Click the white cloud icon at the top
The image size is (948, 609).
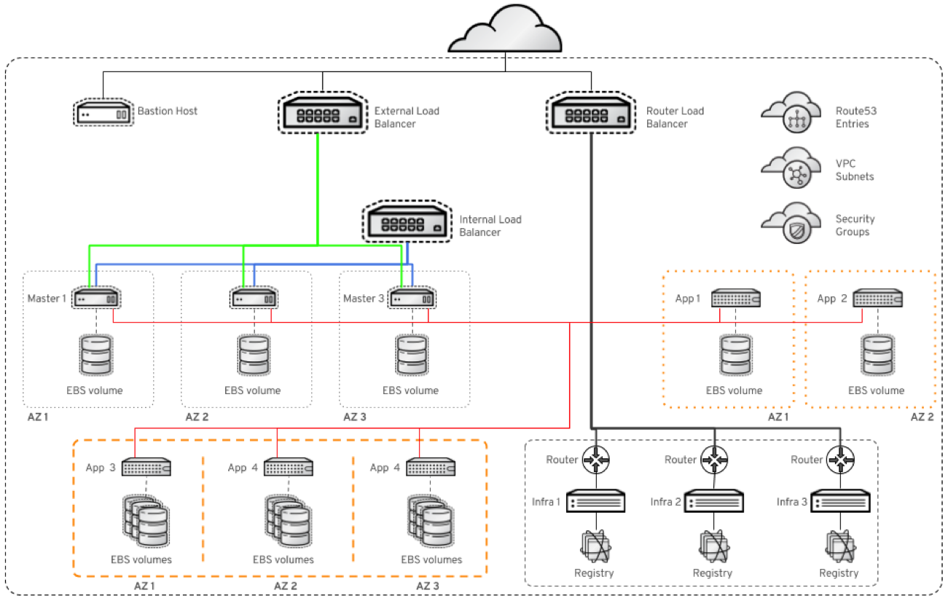tap(505, 31)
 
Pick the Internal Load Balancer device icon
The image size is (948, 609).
tap(407, 223)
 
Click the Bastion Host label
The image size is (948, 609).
tap(168, 111)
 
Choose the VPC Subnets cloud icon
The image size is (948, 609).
tap(792, 169)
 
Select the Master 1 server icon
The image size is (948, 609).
tap(97, 299)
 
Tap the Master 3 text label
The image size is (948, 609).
tap(363, 298)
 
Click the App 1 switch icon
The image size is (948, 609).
tap(735, 299)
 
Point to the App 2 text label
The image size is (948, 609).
tap(831, 299)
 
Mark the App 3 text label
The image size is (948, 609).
tap(101, 468)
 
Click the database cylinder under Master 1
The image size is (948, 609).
tap(96, 355)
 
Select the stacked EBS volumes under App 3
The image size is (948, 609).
tap(146, 522)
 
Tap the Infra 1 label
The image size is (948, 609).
tap(545, 502)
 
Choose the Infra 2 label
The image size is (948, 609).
tap(666, 502)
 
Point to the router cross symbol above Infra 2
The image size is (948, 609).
tap(715, 460)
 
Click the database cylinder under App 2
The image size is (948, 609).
tap(877, 355)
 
